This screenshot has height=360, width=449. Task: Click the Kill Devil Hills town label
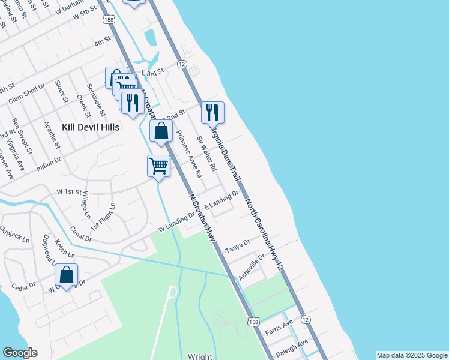click(91, 127)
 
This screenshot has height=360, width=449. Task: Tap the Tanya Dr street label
click(237, 249)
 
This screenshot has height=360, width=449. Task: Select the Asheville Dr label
click(252, 268)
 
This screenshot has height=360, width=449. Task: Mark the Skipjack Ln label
click(14, 234)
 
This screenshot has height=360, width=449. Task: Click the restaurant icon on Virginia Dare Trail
click(212, 112)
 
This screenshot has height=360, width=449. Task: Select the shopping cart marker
click(159, 166)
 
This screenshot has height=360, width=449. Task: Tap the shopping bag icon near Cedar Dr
click(66, 275)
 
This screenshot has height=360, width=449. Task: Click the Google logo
click(20, 353)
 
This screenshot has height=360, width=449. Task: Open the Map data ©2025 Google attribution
click(411, 355)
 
